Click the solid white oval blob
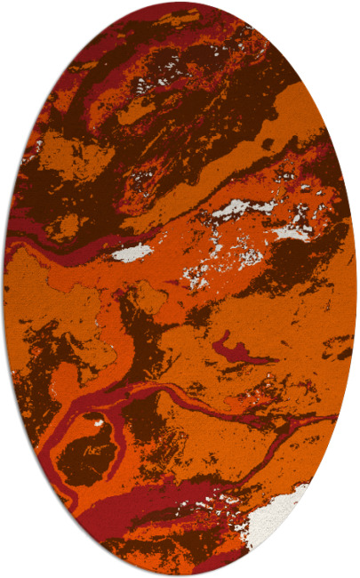(x=132, y=253)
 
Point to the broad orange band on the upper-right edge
(x=302, y=124)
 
